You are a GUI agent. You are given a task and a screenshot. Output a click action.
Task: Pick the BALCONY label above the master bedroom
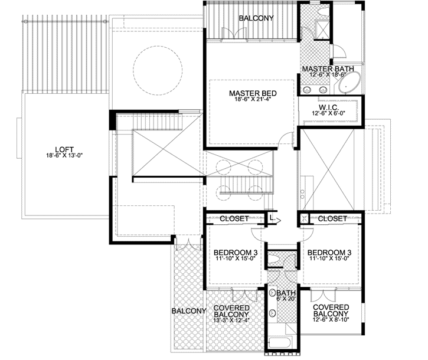(256, 18)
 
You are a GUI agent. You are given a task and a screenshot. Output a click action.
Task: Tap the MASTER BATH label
(328, 69)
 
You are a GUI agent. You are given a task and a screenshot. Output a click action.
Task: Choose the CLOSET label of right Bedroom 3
(332, 218)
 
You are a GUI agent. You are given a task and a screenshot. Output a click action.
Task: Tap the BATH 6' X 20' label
(285, 296)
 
